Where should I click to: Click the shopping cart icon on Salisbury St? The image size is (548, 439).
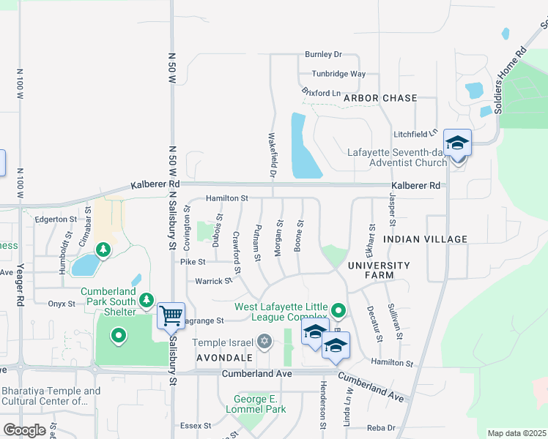[x=171, y=316]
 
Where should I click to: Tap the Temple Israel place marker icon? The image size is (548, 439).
[x=264, y=342]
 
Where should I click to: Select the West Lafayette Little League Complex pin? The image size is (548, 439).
[x=338, y=312]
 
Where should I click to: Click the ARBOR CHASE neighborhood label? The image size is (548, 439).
[x=379, y=98]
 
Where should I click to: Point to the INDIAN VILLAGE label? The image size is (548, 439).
[x=425, y=239]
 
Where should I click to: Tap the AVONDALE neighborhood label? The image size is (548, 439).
[x=224, y=358]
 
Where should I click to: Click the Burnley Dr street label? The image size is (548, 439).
[x=324, y=55]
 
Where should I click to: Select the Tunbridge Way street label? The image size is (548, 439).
[x=338, y=74]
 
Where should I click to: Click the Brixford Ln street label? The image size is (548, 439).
[x=321, y=92]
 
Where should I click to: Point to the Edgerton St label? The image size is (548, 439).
[x=56, y=219]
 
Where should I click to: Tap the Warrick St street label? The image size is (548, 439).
[x=213, y=281]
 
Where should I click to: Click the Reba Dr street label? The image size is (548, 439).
[x=381, y=427]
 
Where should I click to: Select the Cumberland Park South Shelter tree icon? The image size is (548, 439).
[x=147, y=299]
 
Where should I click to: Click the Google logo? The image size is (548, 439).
[x=24, y=430]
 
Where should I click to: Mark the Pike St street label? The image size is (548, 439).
[x=193, y=261]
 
